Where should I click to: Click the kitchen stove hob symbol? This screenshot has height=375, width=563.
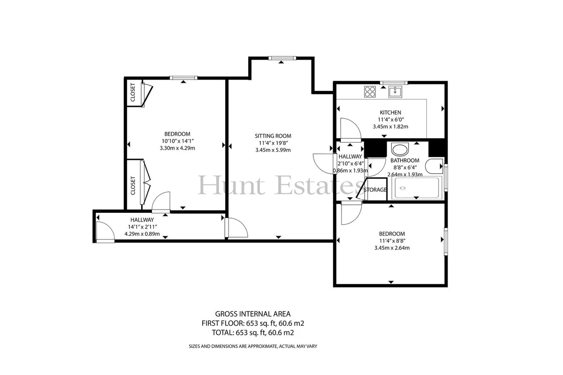370,92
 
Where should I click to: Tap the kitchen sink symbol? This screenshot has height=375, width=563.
396,92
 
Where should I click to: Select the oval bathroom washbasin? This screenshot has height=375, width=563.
400,150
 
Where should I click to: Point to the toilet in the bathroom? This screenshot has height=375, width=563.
434,166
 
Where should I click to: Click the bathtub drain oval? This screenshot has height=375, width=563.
403,188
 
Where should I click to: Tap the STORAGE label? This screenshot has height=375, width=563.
375,190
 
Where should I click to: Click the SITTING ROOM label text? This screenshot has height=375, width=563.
273,136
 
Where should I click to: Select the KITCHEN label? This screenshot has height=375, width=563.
390,112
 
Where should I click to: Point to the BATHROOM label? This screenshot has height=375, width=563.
404,160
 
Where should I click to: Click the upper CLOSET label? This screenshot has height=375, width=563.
133,92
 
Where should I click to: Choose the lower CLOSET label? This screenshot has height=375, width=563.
133,186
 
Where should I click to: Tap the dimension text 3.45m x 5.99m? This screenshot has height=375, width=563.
273,150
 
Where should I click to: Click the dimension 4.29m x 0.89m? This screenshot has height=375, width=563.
142,234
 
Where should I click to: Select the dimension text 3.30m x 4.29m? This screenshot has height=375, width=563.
177,148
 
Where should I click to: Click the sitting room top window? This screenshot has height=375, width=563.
282,58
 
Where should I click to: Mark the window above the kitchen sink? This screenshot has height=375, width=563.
394,82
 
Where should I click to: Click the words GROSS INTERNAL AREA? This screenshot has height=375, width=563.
252,314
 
